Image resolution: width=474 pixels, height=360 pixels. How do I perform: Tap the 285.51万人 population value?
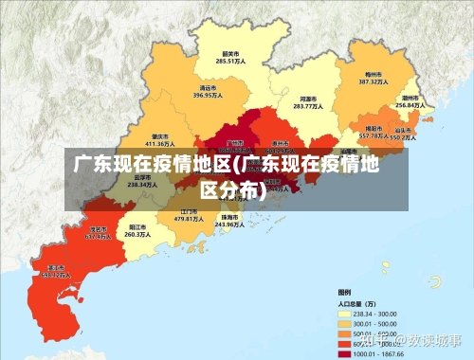(x=229, y=62)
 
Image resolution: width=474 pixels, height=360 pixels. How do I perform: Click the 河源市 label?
(x=307, y=99)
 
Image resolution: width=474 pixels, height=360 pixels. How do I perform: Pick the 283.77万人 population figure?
(x=307, y=106)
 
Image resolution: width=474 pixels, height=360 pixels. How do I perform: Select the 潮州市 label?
(x=410, y=98)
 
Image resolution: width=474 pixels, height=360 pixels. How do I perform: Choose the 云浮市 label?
(x=142, y=177)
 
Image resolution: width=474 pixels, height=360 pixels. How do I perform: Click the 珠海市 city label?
(x=229, y=217)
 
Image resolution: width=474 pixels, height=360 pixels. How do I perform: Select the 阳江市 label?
(x=137, y=227)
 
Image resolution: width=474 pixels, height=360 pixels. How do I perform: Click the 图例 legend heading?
(x=344, y=292)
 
